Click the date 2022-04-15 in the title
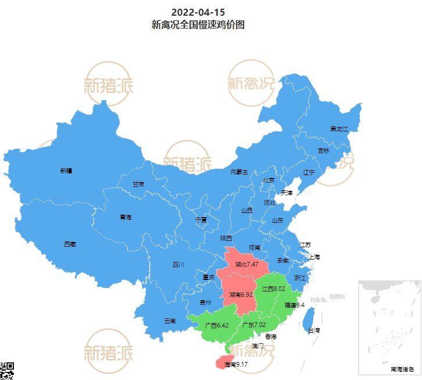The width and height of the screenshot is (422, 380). click(198, 12)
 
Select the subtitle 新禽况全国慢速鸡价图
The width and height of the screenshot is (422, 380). click(198, 24)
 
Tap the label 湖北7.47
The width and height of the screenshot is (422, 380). click(246, 264)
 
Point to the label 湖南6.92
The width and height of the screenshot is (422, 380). click(241, 294)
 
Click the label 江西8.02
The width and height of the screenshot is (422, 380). click(273, 289)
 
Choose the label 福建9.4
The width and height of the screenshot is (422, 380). click(294, 304)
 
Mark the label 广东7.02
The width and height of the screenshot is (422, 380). click(253, 325)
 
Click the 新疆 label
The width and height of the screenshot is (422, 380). click(66, 171)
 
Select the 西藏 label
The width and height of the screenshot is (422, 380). click(70, 244)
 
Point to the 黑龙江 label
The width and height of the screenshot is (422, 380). click(338, 129)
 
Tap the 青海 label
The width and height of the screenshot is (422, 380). click(126, 217)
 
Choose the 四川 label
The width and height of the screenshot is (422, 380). click(178, 265)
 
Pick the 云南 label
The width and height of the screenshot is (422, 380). click(170, 321)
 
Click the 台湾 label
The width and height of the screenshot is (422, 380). click(314, 331)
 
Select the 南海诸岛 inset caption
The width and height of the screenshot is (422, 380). click(402, 370)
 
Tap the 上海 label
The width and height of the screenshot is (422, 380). click(314, 257)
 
